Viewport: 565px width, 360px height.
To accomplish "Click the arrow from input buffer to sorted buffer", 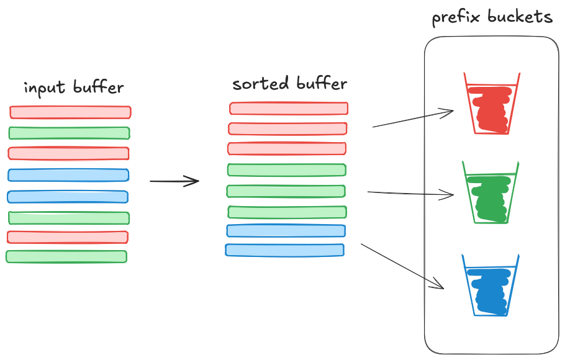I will (x=174, y=181).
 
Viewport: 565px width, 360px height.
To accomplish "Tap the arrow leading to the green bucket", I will (x=411, y=194).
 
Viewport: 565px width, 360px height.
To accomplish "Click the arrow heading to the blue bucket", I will (x=402, y=266).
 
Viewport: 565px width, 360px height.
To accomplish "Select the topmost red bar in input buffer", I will (x=70, y=112).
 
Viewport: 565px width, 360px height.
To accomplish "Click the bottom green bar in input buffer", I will (x=66, y=256).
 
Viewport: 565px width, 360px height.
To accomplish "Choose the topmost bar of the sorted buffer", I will (x=289, y=109).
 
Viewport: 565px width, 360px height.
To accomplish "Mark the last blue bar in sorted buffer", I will (x=284, y=250).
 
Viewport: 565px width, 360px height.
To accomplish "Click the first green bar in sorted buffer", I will (x=286, y=169).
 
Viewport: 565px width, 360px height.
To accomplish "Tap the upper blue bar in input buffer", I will (x=68, y=175).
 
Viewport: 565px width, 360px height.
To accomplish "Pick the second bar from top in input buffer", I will (x=69, y=133).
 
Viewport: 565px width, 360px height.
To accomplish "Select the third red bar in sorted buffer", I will (x=287, y=148).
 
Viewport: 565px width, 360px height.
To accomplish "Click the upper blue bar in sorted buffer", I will (x=286, y=231).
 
